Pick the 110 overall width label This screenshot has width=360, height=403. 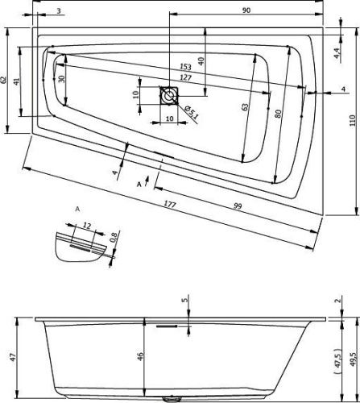351,119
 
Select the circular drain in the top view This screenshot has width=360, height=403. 169,96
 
